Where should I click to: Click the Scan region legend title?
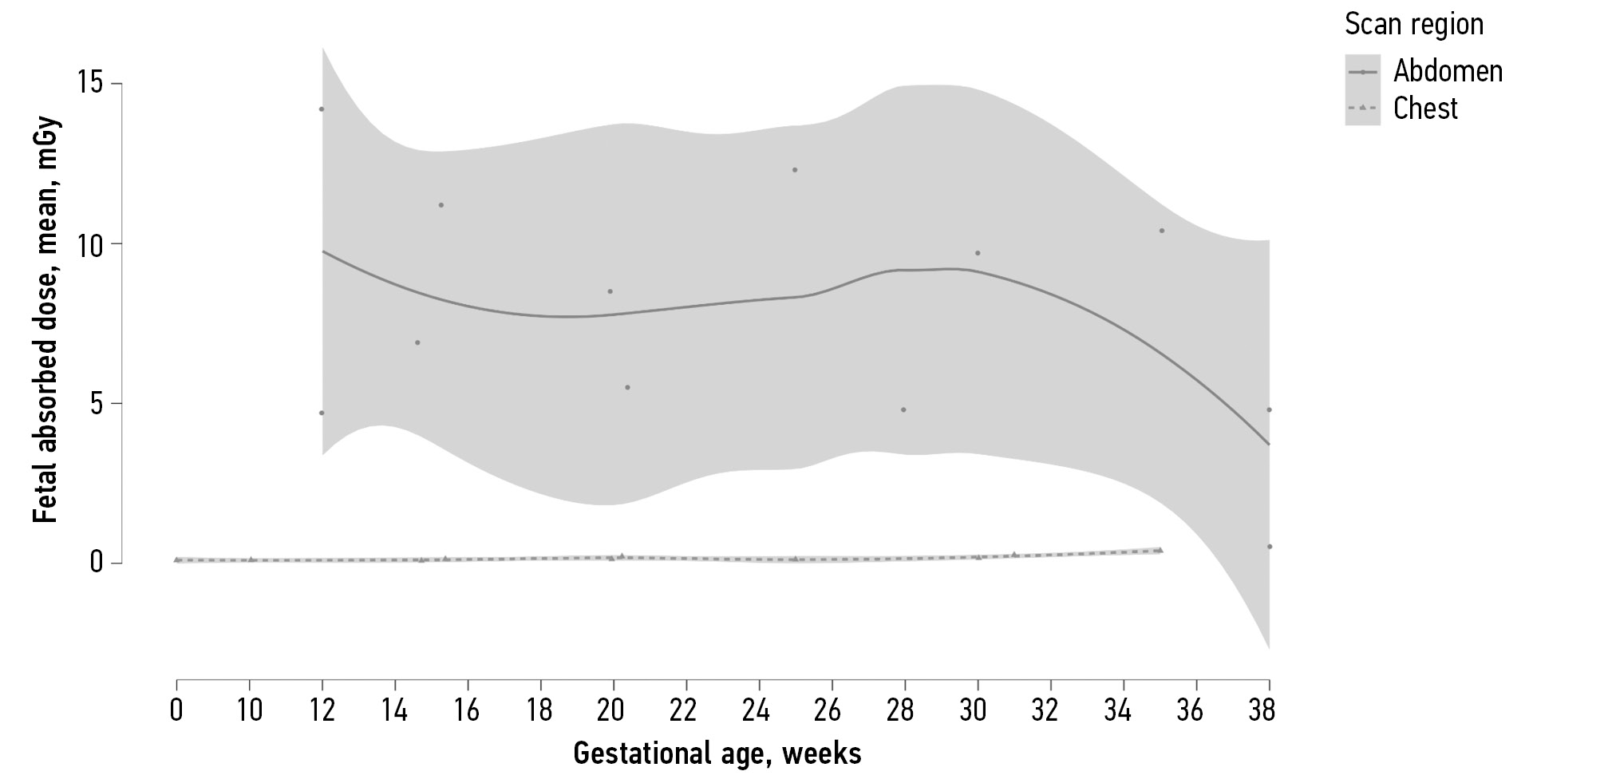pyautogui.click(x=1413, y=25)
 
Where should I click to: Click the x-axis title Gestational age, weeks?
pyautogui.click(x=717, y=753)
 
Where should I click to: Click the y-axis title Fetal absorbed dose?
pyautogui.click(x=46, y=320)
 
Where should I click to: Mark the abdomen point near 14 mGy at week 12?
pyautogui.click(x=322, y=109)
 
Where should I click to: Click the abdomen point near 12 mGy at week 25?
pyautogui.click(x=795, y=170)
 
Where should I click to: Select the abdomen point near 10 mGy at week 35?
pyautogui.click(x=1161, y=231)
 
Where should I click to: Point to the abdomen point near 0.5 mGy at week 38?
pyautogui.click(x=1269, y=547)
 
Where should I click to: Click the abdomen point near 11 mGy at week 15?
pyautogui.click(x=441, y=205)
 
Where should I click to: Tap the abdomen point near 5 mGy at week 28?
pyautogui.click(x=903, y=410)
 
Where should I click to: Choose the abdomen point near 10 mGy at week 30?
pyautogui.click(x=977, y=253)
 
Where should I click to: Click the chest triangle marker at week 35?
pyautogui.click(x=1160, y=550)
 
